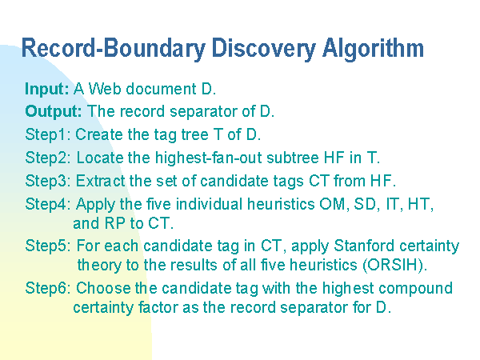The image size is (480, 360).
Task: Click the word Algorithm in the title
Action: (x=373, y=49)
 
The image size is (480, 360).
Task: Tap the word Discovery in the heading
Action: (x=263, y=49)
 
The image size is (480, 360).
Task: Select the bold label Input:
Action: (x=47, y=90)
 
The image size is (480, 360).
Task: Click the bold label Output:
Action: (x=54, y=111)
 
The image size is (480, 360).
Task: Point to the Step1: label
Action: (x=48, y=135)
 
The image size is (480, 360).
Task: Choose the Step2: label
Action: (x=48, y=158)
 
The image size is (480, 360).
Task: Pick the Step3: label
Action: (x=48, y=182)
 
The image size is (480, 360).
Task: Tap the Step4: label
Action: (x=48, y=204)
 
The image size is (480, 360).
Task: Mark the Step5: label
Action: (x=48, y=246)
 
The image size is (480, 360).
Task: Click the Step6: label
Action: (x=48, y=288)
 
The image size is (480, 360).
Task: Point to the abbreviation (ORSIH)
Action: (x=395, y=266)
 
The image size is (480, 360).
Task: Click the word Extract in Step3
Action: (x=101, y=182)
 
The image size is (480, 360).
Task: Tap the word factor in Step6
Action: (x=158, y=307)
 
